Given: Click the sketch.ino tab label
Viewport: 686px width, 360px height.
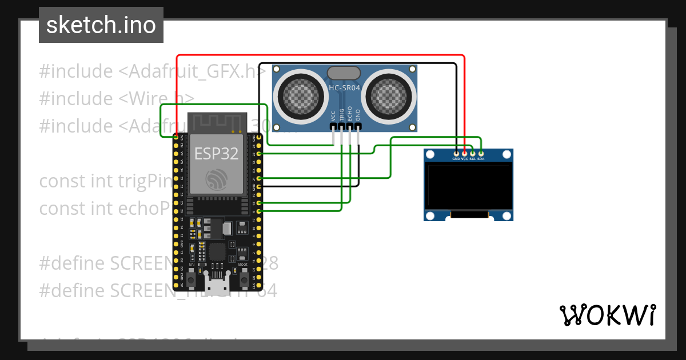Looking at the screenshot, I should click(x=101, y=25).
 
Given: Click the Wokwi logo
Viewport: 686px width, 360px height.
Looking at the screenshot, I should click(x=607, y=315).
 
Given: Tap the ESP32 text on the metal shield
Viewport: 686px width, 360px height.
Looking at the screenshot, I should click(x=216, y=153).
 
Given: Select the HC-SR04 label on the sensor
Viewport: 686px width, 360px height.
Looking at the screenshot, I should click(x=344, y=88).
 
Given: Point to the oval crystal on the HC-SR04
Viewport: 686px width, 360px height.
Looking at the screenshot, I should click(x=344, y=73).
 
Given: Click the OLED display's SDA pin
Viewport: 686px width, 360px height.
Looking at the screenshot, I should click(x=481, y=153).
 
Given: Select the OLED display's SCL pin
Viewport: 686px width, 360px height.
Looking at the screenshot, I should click(x=473, y=153).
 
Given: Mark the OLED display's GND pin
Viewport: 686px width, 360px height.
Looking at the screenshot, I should click(x=456, y=153).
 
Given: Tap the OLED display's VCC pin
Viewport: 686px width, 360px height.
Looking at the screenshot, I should click(x=465, y=153).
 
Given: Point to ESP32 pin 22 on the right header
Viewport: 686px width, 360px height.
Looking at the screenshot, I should click(x=260, y=154).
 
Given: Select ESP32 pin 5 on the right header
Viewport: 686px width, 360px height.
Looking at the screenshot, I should click(x=260, y=211).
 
